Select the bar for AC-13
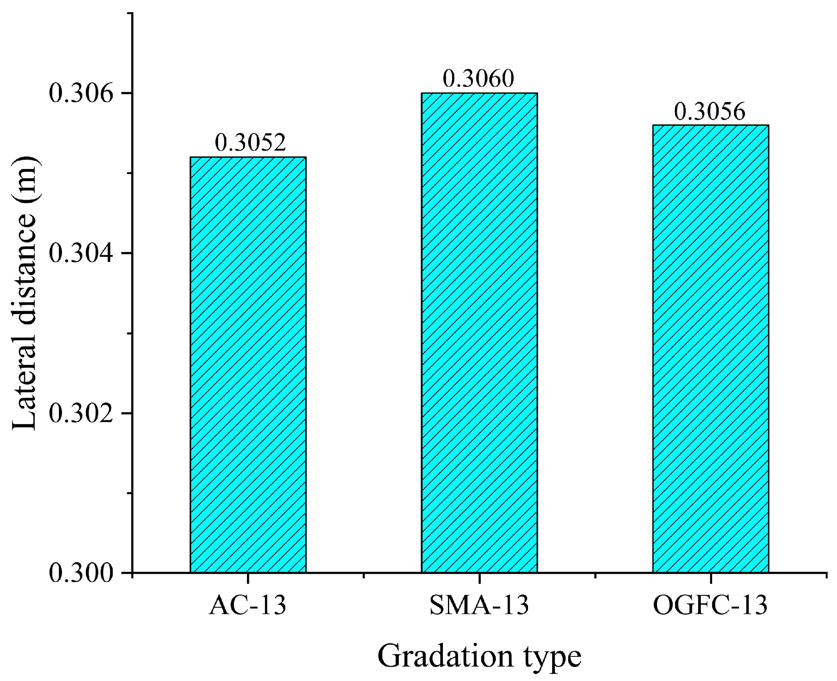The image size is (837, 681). point(248,365)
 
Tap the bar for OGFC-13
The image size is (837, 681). point(710,349)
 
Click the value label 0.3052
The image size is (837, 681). point(250,142)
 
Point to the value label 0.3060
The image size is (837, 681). point(478,78)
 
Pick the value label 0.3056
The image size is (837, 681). point(709,111)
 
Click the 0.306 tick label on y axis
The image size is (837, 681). point(81,94)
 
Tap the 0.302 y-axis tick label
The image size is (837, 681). point(81,414)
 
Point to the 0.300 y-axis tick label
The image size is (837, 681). point(81,574)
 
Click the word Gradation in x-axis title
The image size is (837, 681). point(445,656)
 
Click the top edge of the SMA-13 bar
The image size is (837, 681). point(479,93)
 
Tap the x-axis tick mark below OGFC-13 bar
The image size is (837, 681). point(710,578)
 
